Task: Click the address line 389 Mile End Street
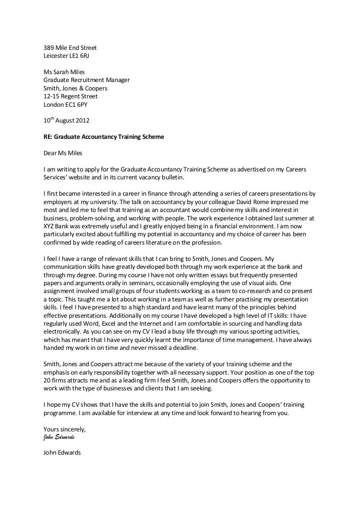click(70, 48)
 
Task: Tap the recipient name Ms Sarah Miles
click(64, 72)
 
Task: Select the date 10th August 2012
click(67, 121)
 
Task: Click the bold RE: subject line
click(107, 136)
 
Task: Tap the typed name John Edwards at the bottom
click(62, 452)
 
